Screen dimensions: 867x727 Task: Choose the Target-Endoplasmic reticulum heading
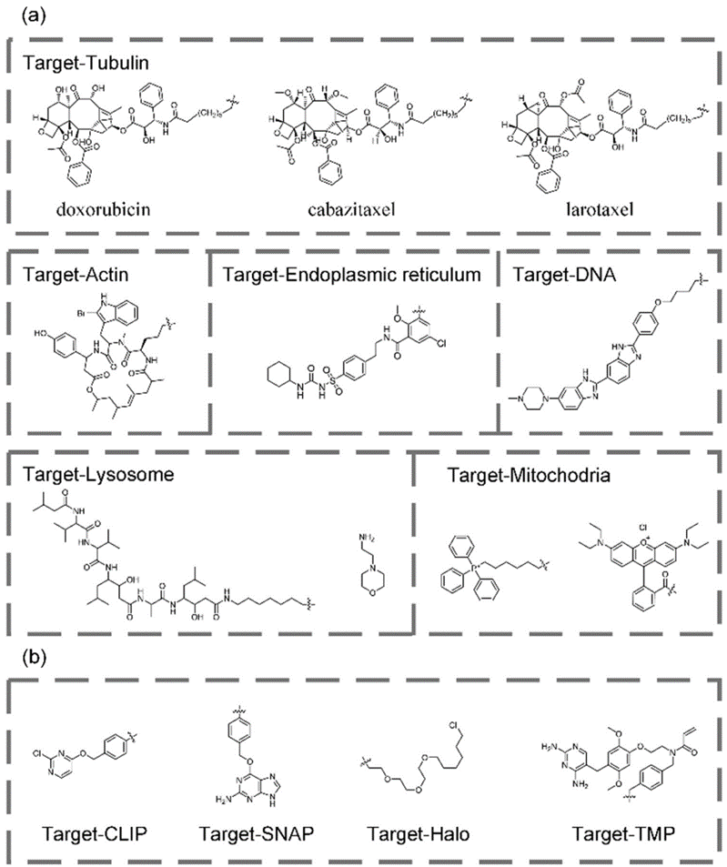pyautogui.click(x=351, y=274)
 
